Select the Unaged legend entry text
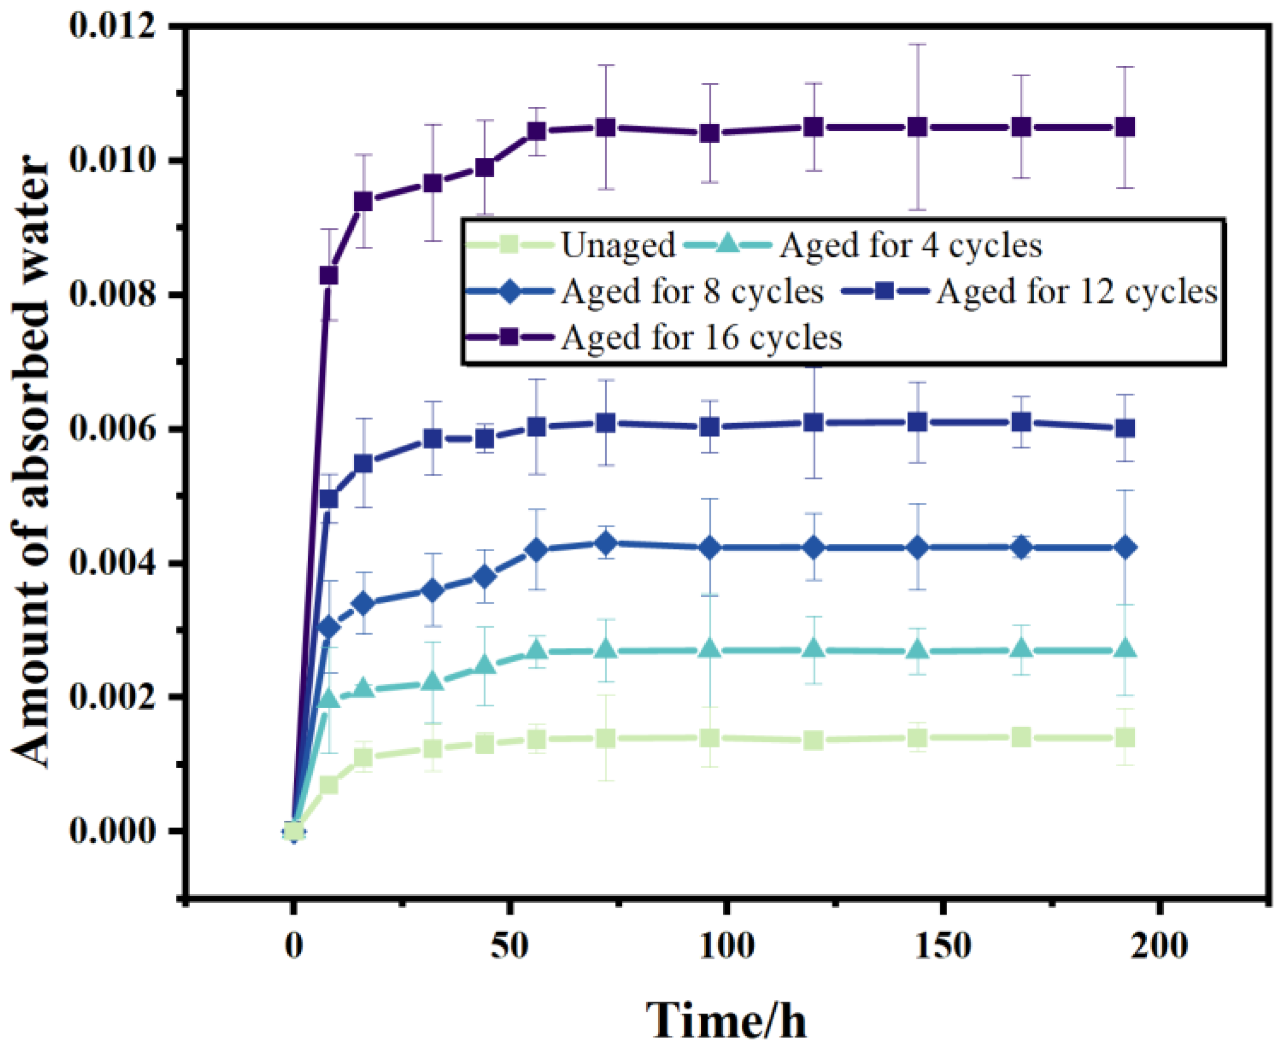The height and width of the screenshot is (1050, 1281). (618, 246)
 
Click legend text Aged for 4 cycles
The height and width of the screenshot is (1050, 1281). (910, 246)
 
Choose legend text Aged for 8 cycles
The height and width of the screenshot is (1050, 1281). (692, 292)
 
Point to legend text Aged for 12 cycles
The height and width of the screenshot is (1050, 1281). (1077, 292)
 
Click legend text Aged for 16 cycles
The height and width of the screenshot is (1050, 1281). (701, 337)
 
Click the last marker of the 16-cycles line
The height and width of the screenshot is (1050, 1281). (1125, 127)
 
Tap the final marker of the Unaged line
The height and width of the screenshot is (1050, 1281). (1125, 738)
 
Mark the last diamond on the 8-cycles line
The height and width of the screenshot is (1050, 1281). (1125, 548)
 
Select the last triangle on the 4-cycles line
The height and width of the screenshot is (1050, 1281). (1125, 650)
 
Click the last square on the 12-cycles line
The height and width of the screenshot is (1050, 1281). (1125, 428)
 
